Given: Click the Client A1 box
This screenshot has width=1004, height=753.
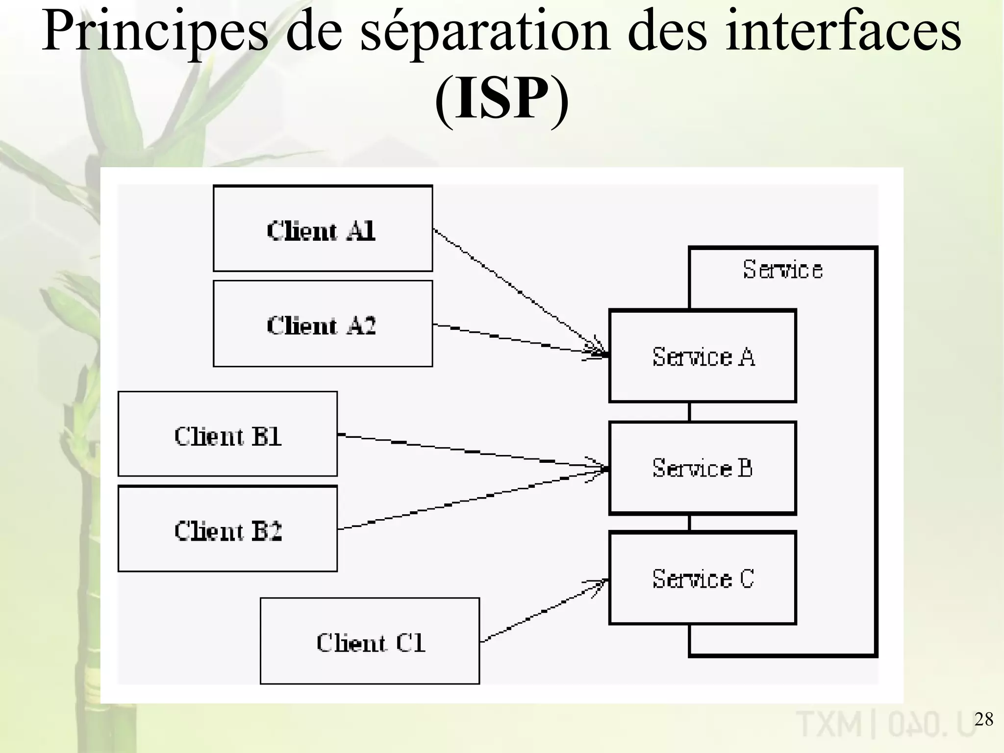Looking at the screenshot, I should [323, 228].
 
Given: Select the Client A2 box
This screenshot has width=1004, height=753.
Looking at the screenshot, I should [323, 324].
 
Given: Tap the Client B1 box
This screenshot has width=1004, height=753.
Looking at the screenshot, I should [227, 434].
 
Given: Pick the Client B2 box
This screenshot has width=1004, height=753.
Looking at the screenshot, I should [227, 528].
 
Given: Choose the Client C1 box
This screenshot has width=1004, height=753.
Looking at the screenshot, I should [370, 641].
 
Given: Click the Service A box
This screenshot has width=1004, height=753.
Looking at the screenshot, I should [703, 356].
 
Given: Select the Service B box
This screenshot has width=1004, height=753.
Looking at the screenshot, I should [703, 468].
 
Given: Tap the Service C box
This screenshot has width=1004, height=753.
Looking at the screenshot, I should [703, 578].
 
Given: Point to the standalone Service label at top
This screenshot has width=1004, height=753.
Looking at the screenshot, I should [782, 270].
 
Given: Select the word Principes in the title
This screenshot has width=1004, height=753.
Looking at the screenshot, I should [154, 32].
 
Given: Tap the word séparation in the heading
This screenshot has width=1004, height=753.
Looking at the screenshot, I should [485, 32].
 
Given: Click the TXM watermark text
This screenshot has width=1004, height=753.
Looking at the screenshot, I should [828, 724].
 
